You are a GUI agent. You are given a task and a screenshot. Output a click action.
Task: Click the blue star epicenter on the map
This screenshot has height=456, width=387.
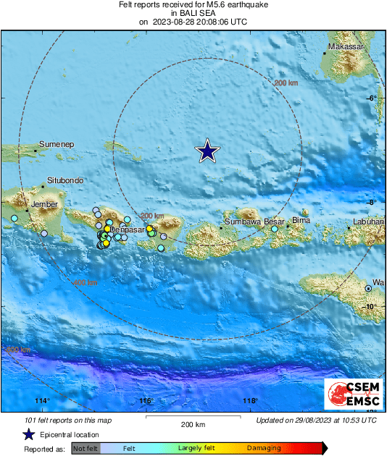pyautogui.click(x=208, y=151)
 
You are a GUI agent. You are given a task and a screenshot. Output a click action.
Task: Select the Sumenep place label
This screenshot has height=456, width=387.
pyautogui.click(x=57, y=144)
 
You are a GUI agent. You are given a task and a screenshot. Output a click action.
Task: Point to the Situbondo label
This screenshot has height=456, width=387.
pyautogui.click(x=65, y=180)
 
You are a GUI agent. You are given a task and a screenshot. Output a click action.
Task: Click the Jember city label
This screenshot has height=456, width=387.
pyautogui.click(x=43, y=205)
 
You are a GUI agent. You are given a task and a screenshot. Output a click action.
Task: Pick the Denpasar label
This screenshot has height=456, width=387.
pyautogui.click(x=126, y=229)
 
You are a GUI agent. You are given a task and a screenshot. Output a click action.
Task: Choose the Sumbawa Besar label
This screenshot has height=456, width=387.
pyautogui.click(x=254, y=221)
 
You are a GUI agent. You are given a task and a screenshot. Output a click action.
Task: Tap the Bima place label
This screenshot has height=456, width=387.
pyautogui.click(x=301, y=220)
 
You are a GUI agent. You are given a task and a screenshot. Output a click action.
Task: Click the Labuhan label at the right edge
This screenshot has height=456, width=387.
pyautogui.click(x=368, y=221)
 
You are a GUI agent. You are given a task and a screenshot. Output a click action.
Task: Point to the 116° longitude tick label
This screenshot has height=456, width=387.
pyautogui.click(x=146, y=400)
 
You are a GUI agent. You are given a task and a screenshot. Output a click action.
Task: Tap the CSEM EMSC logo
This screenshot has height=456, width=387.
pyautogui.click(x=349, y=395)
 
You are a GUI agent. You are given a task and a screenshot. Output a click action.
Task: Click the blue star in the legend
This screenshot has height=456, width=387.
pyautogui.click(x=28, y=434)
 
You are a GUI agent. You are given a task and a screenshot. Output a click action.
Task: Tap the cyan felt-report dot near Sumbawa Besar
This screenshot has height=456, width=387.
pyautogui.click(x=275, y=229)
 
